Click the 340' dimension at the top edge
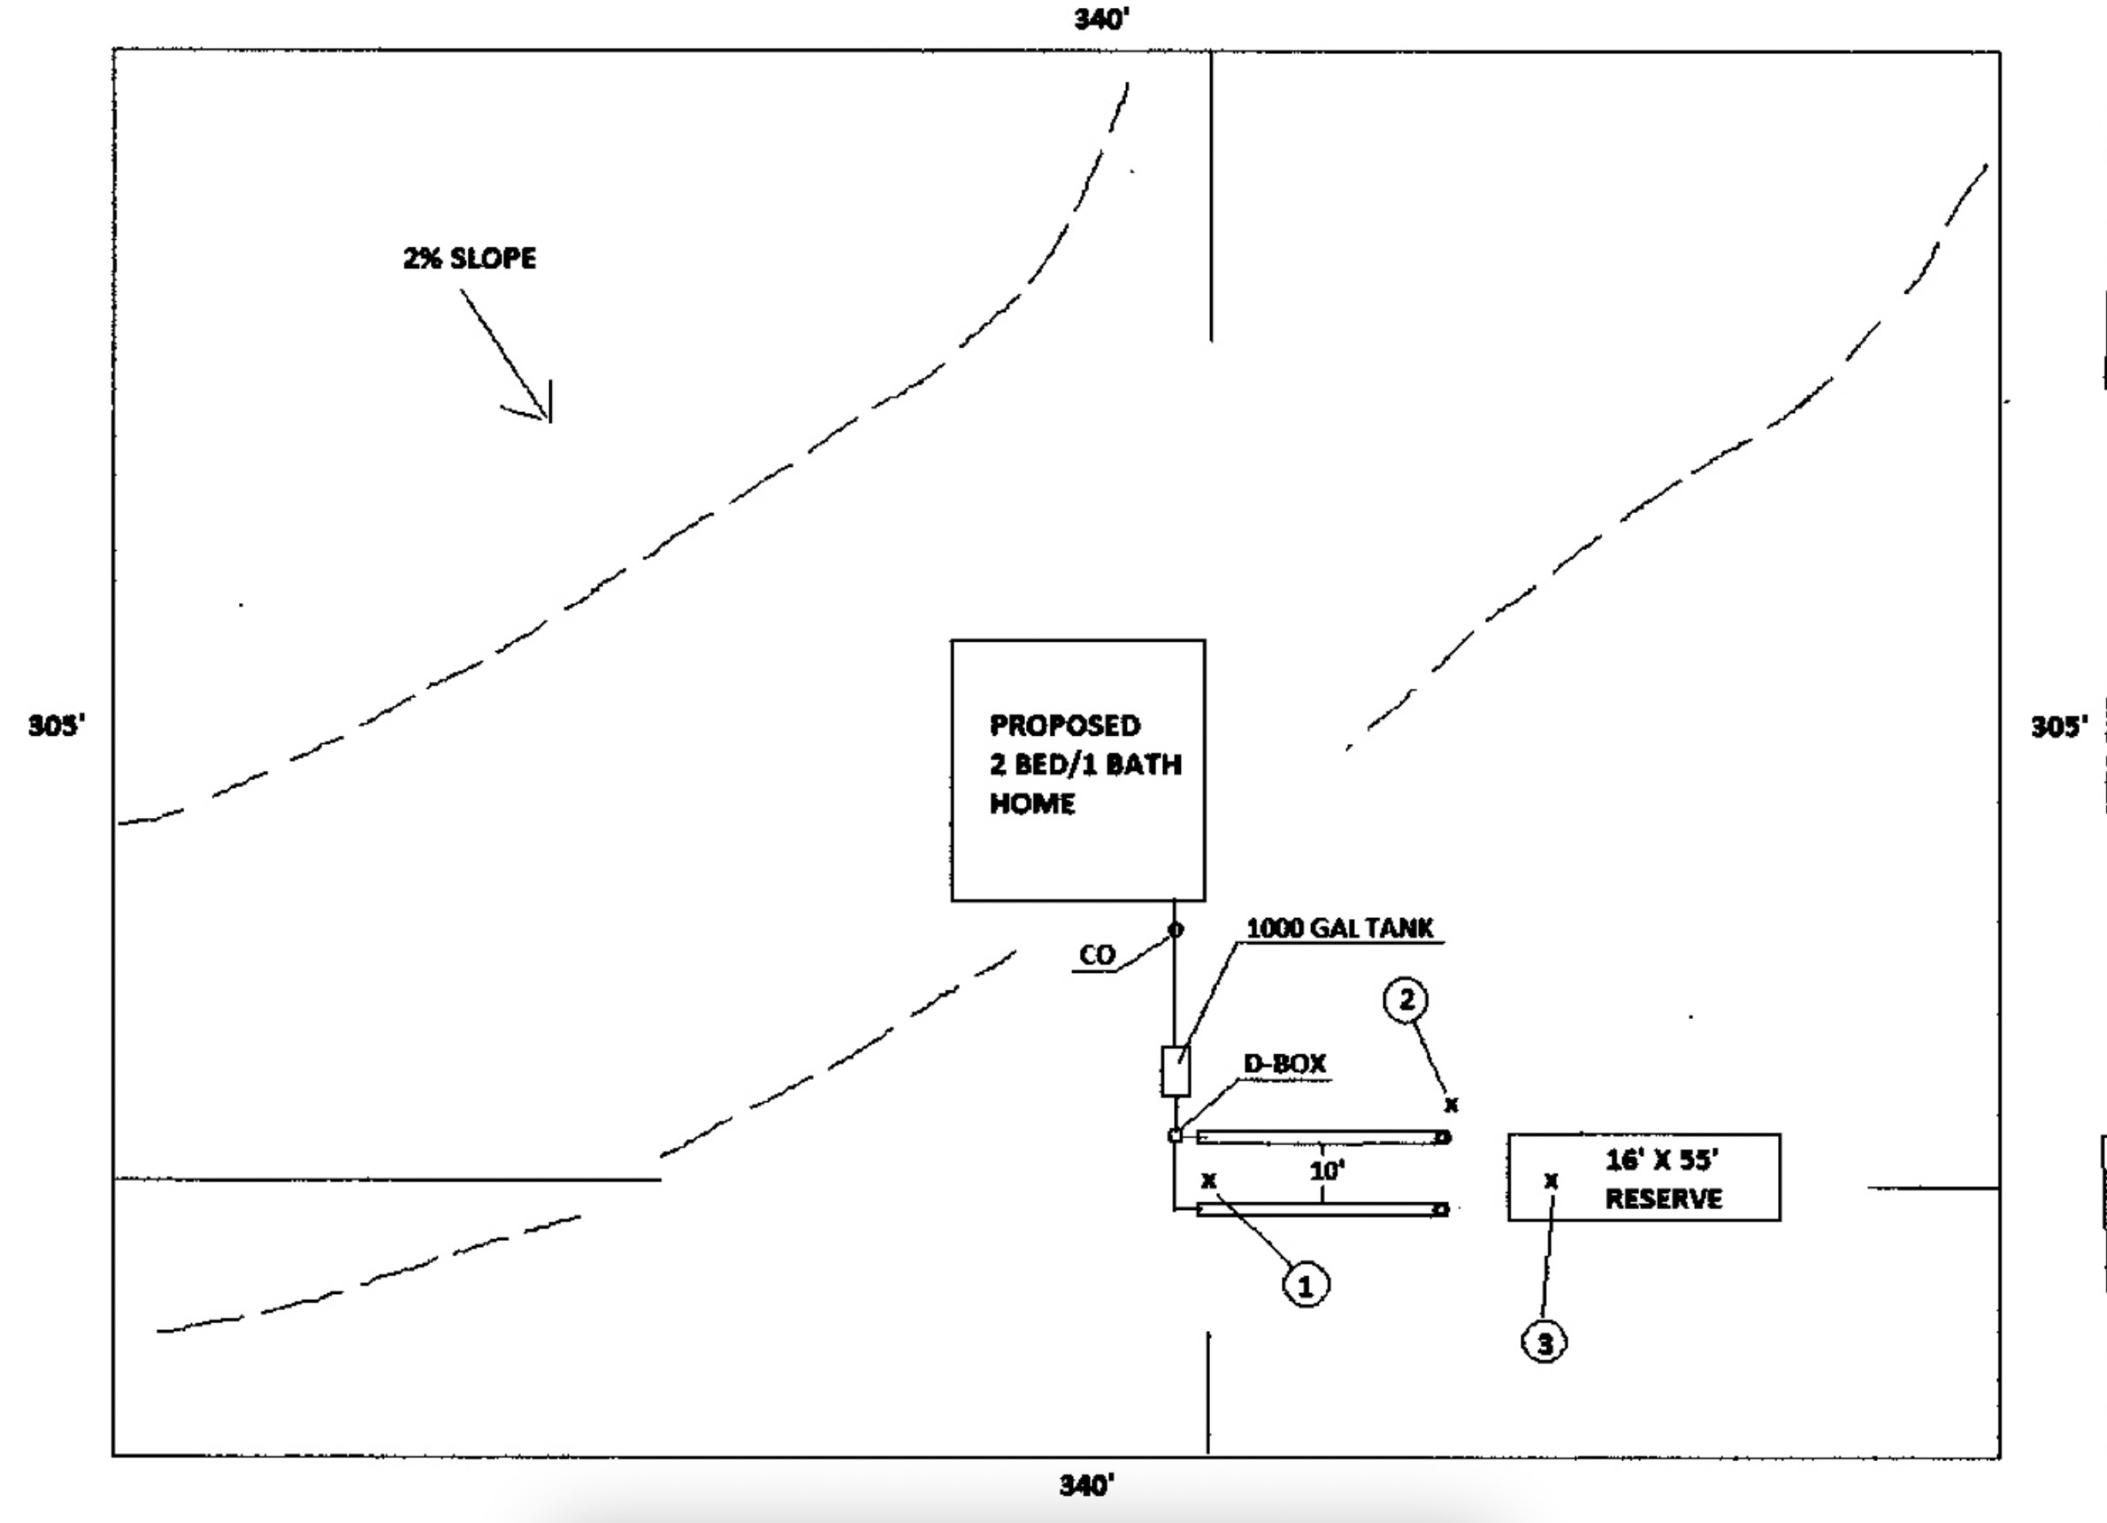pyautogui.click(x=1102, y=19)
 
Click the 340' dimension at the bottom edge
pyautogui.click(x=1087, y=1486)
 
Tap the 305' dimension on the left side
pyautogui.click(x=56, y=725)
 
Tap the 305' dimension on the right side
pyautogui.click(x=2058, y=726)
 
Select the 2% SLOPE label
pyautogui.click(x=469, y=258)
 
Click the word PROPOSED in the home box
pyautogui.click(x=1065, y=724)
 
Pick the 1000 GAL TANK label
pyautogui.click(x=1339, y=928)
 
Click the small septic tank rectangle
pyautogui.click(x=1176, y=1071)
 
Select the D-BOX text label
pyautogui.click(x=1285, y=1064)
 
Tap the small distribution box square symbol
pyautogui.click(x=1176, y=1135)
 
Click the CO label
pyautogui.click(x=1097, y=955)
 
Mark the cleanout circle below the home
pyautogui.click(x=1176, y=930)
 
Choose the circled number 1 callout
pyautogui.click(x=1306, y=1286)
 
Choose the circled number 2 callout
pyautogui.click(x=1406, y=1000)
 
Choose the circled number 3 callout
pyautogui.click(x=1544, y=1343)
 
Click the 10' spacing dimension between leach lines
pyautogui.click(x=1328, y=1171)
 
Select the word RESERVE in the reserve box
pyautogui.click(x=1663, y=1199)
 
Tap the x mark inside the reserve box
pyautogui.click(x=1551, y=1182)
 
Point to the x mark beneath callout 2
pyautogui.click(x=1452, y=1106)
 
